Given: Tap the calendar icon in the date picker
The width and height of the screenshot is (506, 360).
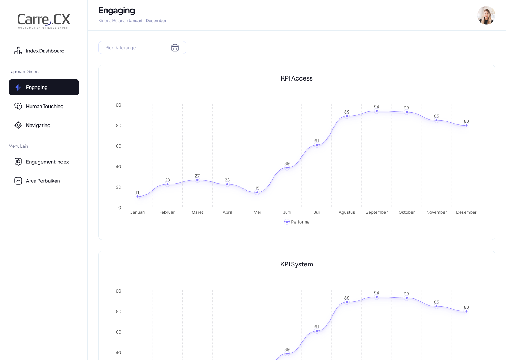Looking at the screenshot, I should click(x=175, y=48).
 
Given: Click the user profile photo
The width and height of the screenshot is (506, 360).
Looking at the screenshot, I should click(x=486, y=15).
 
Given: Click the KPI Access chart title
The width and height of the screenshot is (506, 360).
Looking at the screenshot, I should click(x=297, y=78).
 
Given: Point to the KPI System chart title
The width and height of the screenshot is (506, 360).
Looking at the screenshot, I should click(x=297, y=264).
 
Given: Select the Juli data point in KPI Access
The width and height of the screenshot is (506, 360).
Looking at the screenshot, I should click(x=317, y=145).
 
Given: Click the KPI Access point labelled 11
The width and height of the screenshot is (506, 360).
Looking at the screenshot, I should click(x=137, y=197).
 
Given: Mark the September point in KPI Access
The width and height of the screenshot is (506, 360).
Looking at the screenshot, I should click(x=377, y=111).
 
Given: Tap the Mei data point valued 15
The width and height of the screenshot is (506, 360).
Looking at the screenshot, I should click(x=257, y=192).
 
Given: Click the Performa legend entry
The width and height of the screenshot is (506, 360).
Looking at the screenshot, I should click(x=297, y=222).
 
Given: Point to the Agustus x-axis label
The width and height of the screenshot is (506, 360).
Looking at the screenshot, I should click(x=347, y=212).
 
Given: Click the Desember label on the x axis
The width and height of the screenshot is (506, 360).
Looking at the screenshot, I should click(x=466, y=212).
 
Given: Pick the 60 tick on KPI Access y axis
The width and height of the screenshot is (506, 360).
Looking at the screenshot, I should click(x=118, y=146).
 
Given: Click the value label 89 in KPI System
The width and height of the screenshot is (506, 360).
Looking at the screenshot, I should click(x=347, y=298).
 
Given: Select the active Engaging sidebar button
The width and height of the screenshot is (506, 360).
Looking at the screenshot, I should click(x=44, y=87).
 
